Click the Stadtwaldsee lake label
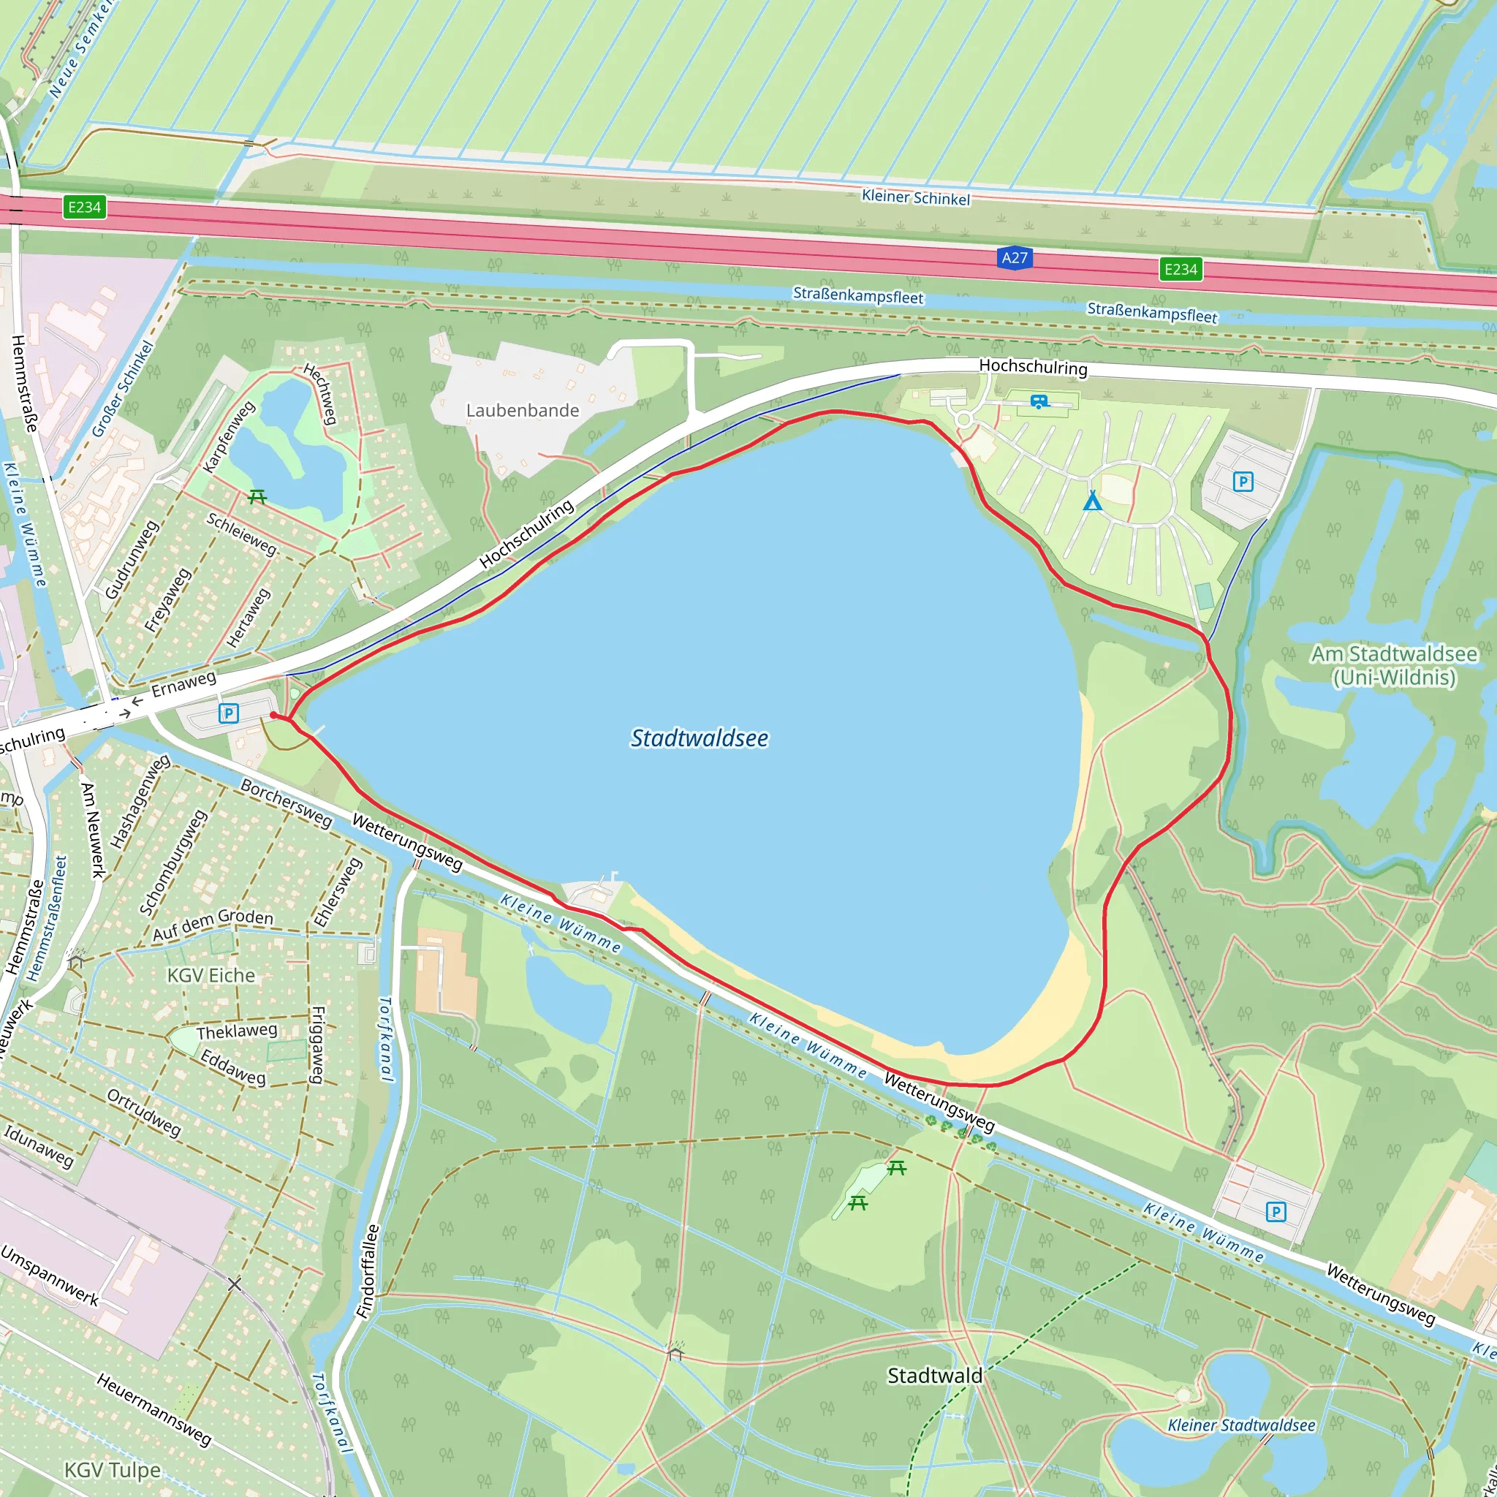699,738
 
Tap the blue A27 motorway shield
1015,258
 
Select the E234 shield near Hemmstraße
85,207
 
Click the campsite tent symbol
1092,501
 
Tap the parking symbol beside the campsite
1243,482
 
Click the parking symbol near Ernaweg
228,713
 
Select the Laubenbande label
522,411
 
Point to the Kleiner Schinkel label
915,197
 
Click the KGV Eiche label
211,976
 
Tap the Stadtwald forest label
934,1376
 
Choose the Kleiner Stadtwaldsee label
1241,1425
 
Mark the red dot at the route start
273,715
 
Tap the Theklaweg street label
236,1031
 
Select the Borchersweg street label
286,803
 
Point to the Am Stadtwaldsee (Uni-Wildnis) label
1393,666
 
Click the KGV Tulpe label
113,1470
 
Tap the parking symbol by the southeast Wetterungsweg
1276,1211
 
